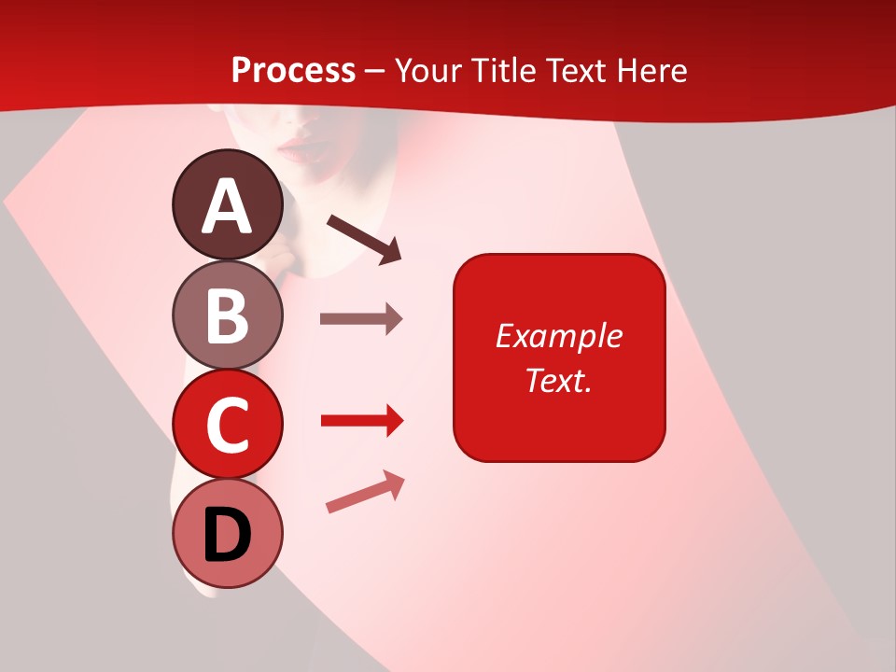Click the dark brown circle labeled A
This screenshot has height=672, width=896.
point(228,204)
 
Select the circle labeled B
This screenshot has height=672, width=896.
point(228,315)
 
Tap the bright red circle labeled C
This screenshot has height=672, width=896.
point(228,425)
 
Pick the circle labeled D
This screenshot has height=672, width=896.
point(228,534)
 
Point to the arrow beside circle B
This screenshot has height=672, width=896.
point(361,319)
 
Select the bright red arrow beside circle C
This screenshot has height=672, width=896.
point(362,421)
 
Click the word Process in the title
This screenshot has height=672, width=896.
point(293,70)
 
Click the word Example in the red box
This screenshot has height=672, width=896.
point(558,336)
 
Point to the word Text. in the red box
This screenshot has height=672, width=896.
point(558,380)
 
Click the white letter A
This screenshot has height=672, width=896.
point(228,206)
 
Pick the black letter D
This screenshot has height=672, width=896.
point(228,536)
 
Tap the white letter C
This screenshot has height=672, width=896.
point(228,426)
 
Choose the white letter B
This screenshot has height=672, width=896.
point(228,315)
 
